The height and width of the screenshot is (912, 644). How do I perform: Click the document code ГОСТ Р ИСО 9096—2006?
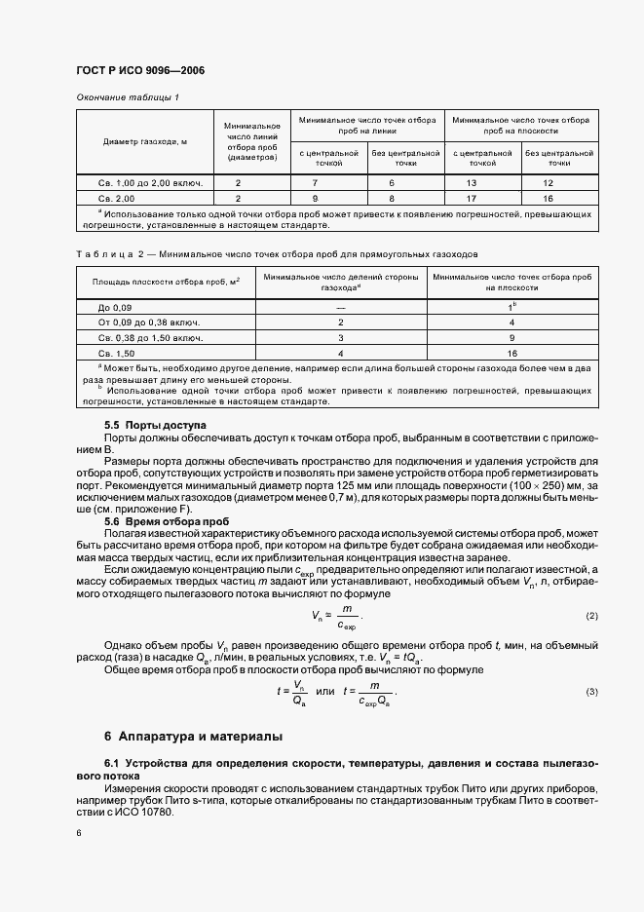(140, 71)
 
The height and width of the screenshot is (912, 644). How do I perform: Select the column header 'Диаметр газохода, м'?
(145, 141)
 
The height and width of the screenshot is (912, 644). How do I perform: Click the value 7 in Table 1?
(315, 183)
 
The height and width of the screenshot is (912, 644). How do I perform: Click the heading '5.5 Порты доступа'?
(155, 427)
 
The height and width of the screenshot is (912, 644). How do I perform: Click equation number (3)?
(591, 692)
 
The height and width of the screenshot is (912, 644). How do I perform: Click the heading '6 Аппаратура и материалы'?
(193, 736)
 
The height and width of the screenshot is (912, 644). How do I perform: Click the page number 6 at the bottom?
(79, 834)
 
